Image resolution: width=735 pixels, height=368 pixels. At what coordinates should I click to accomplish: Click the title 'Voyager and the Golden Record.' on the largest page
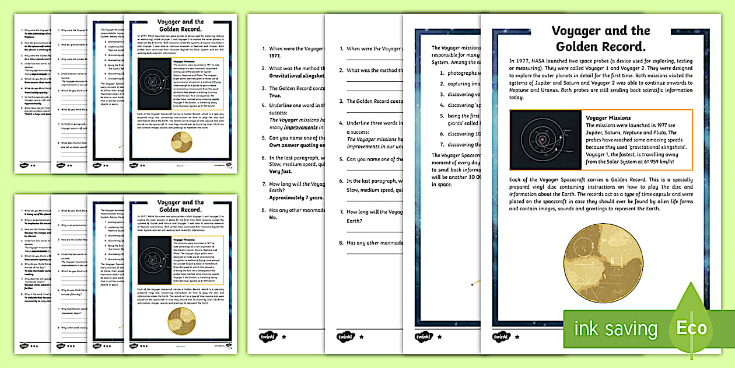[600, 38]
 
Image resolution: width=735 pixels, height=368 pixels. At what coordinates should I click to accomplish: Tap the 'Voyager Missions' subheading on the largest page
[608, 117]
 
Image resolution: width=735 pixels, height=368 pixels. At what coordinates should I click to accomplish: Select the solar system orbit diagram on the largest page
[545, 139]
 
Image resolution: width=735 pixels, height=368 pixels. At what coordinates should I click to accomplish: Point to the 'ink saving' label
[615, 329]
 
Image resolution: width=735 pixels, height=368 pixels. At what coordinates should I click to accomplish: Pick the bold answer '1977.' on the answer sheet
[276, 57]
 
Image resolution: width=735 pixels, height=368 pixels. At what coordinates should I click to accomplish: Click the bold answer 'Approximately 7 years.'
[296, 197]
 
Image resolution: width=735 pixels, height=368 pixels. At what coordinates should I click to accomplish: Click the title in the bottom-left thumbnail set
[180, 206]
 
